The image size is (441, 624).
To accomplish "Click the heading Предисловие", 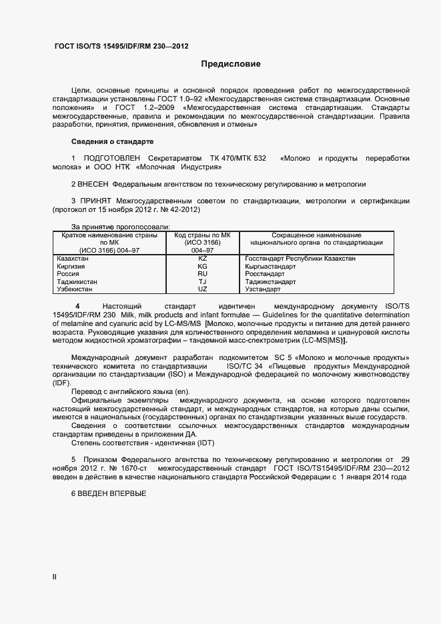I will tap(231, 65).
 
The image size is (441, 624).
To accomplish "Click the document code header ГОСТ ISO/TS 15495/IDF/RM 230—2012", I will tap(121, 47).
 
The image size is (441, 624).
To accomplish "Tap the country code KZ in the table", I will tap(203, 258).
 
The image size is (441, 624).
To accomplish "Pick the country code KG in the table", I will tap(203, 266).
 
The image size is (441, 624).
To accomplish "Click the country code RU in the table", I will tap(203, 274).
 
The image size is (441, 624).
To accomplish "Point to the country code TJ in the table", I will tap(203, 282).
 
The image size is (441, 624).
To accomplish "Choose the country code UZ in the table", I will tap(203, 289).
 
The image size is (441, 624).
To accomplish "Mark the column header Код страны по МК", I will tap(203, 235).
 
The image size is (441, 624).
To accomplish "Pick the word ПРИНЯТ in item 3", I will tap(97, 201).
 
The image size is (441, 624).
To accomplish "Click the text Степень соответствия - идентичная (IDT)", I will tap(143, 443).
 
